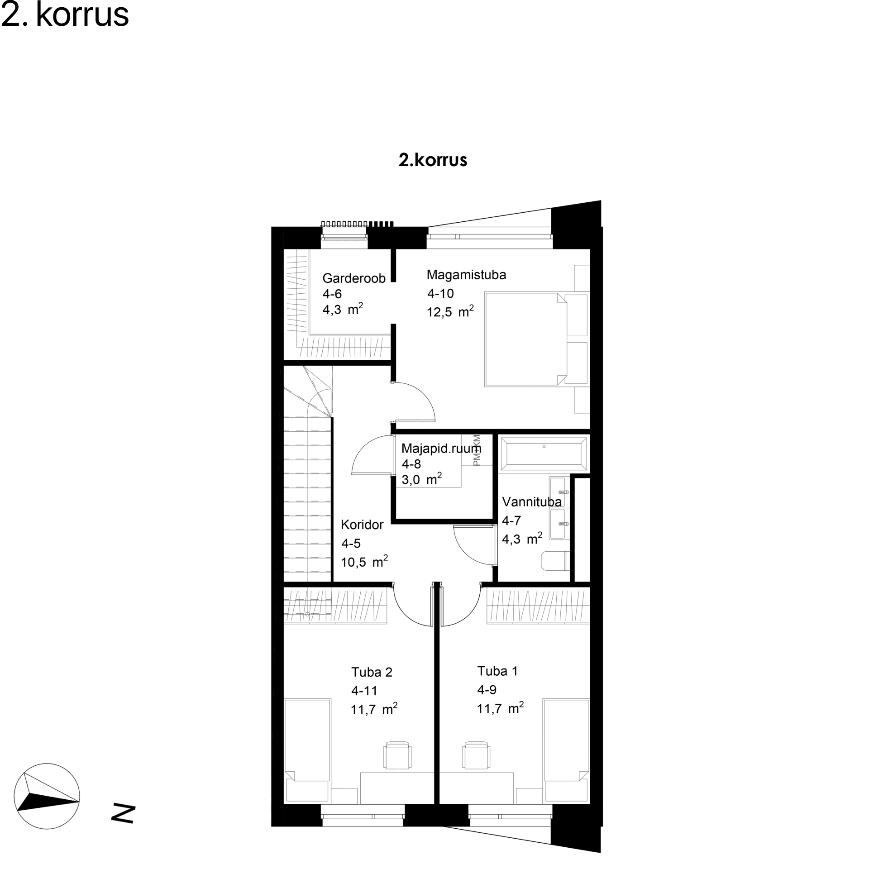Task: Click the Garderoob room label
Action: point(354,278)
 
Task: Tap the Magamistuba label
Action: point(466,275)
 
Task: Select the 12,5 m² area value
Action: point(450,311)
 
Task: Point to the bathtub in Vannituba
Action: point(544,454)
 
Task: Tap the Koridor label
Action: point(362,525)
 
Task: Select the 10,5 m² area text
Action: point(364,562)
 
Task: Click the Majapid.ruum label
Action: point(441,448)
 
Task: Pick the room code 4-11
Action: point(364,691)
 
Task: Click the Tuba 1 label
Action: point(497,671)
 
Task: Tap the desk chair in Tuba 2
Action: point(398,755)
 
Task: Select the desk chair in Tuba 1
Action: point(477,755)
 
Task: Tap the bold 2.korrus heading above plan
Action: point(433,160)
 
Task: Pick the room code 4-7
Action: point(511,520)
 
